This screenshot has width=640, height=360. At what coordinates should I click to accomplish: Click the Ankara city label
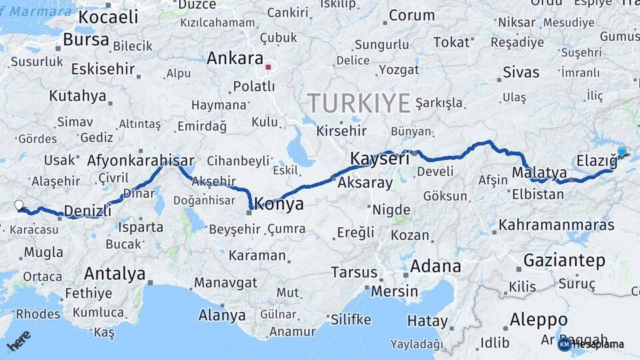(x=235, y=58)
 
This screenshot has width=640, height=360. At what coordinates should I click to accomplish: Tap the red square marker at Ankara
(x=268, y=67)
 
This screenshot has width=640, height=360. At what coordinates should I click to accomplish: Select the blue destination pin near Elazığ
(x=622, y=152)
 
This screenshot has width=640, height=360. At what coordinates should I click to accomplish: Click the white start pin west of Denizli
(x=19, y=205)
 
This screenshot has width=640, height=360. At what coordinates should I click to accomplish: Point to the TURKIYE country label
(x=359, y=103)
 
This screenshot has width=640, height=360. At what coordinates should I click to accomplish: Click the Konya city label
(x=279, y=204)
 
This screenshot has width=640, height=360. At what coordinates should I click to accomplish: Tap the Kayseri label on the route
(x=380, y=159)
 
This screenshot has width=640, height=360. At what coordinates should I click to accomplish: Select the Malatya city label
(x=539, y=173)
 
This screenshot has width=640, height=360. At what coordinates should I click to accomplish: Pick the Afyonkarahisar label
(x=141, y=160)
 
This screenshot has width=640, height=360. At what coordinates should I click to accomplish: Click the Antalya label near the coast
(x=115, y=273)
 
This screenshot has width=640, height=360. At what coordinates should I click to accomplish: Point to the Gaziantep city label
(x=564, y=260)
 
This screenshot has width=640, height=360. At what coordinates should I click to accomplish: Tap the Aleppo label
(x=538, y=320)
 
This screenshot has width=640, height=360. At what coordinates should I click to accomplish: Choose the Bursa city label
(x=86, y=39)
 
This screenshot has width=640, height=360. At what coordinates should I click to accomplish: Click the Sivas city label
(x=521, y=72)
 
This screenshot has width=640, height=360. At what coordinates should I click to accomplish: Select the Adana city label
(x=435, y=267)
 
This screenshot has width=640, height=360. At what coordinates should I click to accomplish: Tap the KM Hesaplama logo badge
(x=591, y=344)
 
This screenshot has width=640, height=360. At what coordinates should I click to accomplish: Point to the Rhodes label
(x=37, y=313)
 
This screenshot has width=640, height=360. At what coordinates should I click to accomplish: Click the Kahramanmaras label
(x=556, y=225)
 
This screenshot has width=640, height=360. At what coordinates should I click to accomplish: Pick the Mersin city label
(x=395, y=291)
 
